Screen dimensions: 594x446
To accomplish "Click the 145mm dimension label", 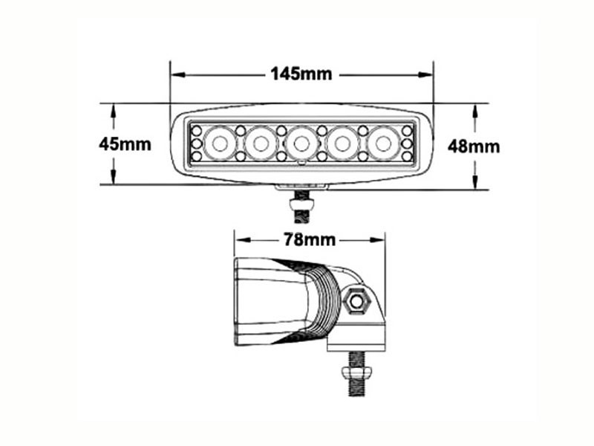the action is point(301,74).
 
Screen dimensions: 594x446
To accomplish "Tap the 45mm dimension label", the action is point(125,144).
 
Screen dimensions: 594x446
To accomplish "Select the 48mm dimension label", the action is point(474,146).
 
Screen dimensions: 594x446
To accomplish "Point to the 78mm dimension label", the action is point(310,239).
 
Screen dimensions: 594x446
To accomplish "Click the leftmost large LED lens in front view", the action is point(220,143).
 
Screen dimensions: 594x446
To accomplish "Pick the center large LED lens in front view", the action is point(301,143).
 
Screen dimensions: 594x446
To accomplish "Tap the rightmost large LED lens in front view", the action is point(383,143).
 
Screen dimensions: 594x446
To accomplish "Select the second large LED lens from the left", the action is point(261,143).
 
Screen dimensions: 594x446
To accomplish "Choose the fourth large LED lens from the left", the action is point(342,143).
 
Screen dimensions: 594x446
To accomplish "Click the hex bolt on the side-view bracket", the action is point(356,301).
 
